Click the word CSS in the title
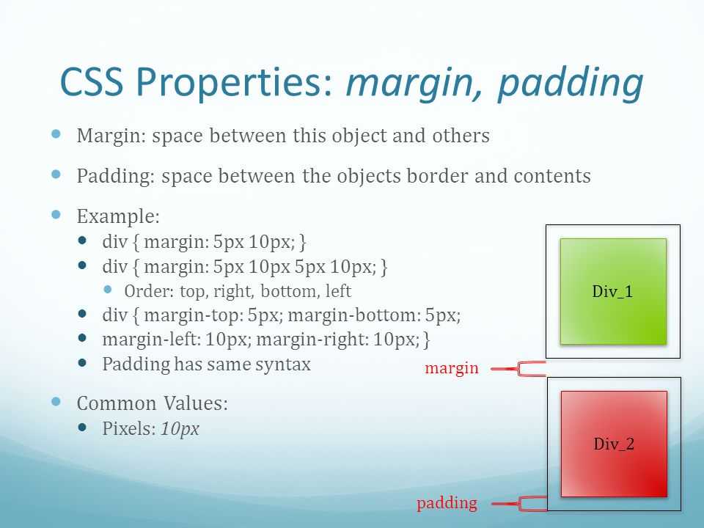92,81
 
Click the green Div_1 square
613,291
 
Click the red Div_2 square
615,444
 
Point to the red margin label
452,368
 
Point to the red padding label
447,503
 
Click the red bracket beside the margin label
519,369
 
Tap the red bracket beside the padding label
520,503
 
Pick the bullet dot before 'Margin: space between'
56,133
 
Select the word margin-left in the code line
151,340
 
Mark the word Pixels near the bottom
129,428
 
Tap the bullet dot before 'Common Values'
56,401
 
